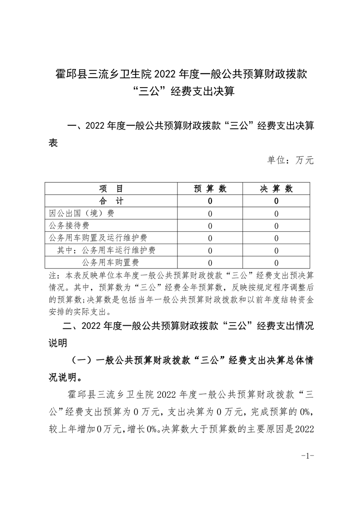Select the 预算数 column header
click(210, 188)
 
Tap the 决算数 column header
click(276, 188)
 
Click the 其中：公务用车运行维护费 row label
click(107, 250)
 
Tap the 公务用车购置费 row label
click(110, 262)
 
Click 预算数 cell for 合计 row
click(210, 201)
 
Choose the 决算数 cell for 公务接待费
click(276, 225)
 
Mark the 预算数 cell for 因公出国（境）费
click(210, 213)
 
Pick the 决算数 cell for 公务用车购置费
click(276, 262)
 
